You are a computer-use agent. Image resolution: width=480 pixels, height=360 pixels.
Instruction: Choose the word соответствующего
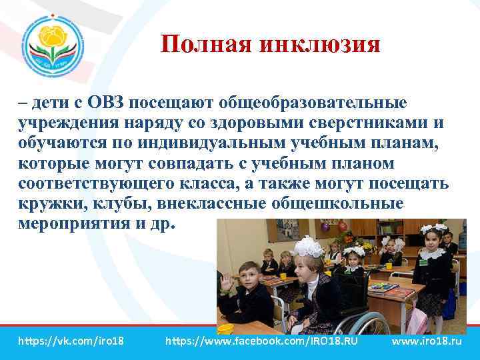tap(87, 183)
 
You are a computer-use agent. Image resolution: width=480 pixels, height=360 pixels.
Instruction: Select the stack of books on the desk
tap(385, 287)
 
